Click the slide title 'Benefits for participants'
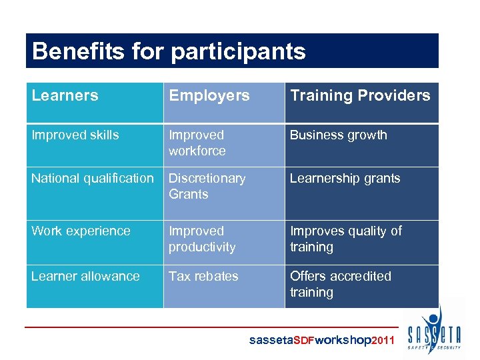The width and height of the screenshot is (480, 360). [169, 51]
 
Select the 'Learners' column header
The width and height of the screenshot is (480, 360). [65, 95]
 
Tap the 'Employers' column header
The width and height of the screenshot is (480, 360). [209, 95]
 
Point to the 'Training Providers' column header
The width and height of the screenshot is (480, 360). [360, 95]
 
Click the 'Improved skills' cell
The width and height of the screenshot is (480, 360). [75, 135]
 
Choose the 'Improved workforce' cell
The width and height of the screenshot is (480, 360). [197, 143]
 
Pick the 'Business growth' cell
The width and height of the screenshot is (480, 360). [338, 135]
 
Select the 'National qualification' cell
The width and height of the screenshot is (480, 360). [92, 178]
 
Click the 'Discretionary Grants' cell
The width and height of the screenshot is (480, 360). [207, 186]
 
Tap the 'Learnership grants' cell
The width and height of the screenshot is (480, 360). [345, 178]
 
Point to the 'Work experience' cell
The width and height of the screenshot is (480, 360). [81, 231]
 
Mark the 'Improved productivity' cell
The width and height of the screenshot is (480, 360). [202, 239]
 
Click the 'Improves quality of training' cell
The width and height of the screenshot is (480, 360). [345, 239]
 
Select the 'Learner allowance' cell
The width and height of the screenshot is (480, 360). [85, 276]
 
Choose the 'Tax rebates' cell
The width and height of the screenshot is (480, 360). [203, 276]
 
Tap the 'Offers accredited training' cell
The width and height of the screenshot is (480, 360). [340, 284]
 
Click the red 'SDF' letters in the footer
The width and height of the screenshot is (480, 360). [304, 341]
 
